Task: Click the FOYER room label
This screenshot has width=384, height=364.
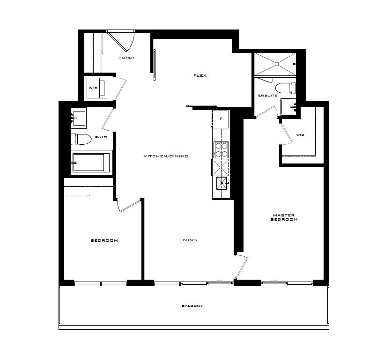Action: coord(126,58)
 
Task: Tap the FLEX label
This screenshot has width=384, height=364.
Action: coord(200,76)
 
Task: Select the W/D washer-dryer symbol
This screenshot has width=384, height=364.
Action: coord(97,88)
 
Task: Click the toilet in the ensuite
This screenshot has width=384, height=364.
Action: coord(286,88)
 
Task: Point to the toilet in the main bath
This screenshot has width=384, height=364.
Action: coord(81,139)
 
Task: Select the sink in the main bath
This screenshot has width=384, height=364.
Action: coord(79,118)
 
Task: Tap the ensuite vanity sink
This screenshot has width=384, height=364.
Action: coord(288,107)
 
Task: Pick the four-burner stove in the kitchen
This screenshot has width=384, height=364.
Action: coord(221,149)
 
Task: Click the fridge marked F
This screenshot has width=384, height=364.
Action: coord(221,119)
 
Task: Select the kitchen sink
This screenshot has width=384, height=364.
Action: coord(222,183)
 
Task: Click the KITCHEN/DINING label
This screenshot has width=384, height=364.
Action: coord(166,156)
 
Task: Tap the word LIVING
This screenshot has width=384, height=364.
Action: coord(188,240)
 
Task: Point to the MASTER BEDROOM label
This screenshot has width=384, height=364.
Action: coord(284,217)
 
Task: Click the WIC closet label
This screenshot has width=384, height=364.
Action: coord(300,135)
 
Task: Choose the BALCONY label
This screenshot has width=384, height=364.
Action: coord(192,306)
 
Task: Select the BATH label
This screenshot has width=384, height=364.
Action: coord(101,137)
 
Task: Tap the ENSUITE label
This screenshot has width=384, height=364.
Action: coord(268,96)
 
